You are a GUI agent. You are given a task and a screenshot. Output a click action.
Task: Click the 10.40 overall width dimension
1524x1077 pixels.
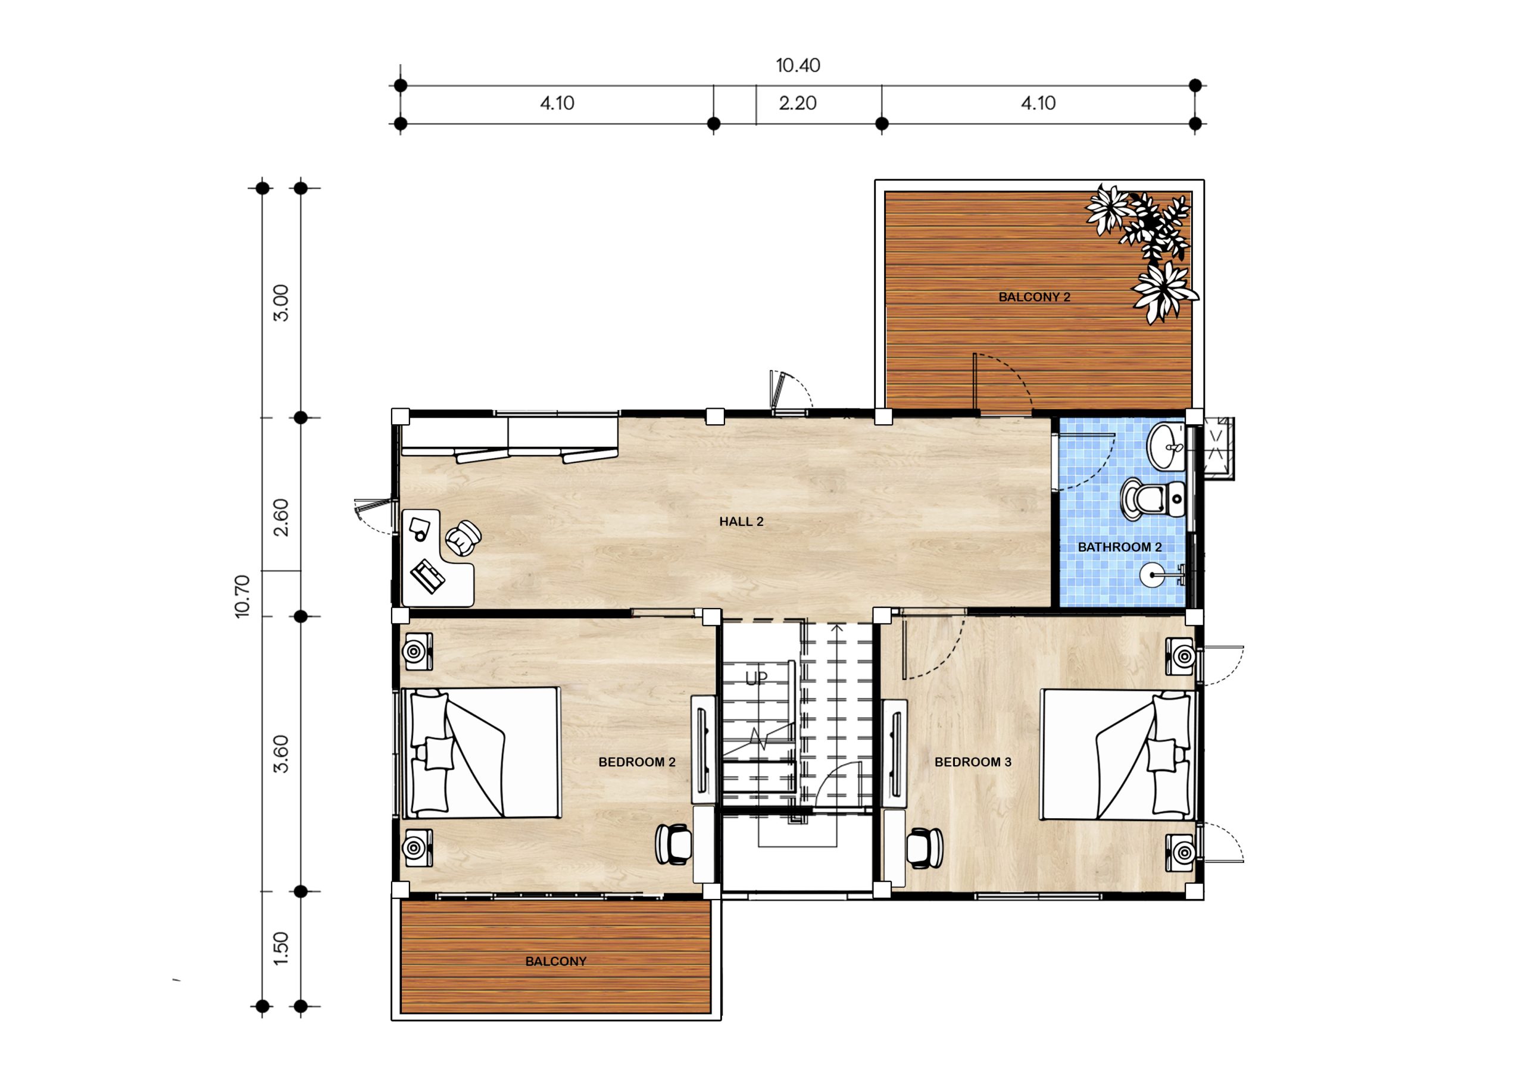pyautogui.click(x=798, y=65)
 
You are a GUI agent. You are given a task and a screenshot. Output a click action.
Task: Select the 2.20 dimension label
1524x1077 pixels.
pyautogui.click(x=797, y=103)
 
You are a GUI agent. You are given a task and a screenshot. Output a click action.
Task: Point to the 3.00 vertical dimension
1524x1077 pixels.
pyautogui.click(x=282, y=303)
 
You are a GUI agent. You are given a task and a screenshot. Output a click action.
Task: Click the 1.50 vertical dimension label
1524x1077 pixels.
pyautogui.click(x=282, y=949)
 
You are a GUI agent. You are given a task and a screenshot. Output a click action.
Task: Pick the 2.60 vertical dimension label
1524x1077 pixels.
pyautogui.click(x=282, y=518)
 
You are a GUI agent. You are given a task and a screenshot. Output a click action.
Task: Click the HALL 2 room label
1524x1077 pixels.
pyautogui.click(x=741, y=522)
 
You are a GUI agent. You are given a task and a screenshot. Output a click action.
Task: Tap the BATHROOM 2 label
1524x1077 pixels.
pyautogui.click(x=1120, y=547)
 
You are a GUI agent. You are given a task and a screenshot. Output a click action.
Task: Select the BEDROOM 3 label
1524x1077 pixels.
pyautogui.click(x=973, y=762)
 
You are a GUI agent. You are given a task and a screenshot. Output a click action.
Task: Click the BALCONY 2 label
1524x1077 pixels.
pyautogui.click(x=1034, y=298)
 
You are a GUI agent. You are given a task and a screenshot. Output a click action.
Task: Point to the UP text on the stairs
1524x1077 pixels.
pyautogui.click(x=756, y=678)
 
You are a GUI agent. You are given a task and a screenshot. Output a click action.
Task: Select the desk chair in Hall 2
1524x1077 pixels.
pyautogui.click(x=463, y=537)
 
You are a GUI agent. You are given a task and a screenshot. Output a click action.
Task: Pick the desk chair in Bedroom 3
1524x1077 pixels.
pyautogui.click(x=924, y=847)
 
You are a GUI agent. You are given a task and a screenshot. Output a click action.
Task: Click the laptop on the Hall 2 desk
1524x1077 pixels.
pyautogui.click(x=428, y=576)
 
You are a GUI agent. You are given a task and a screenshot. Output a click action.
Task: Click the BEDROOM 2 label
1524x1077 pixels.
pyautogui.click(x=637, y=762)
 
